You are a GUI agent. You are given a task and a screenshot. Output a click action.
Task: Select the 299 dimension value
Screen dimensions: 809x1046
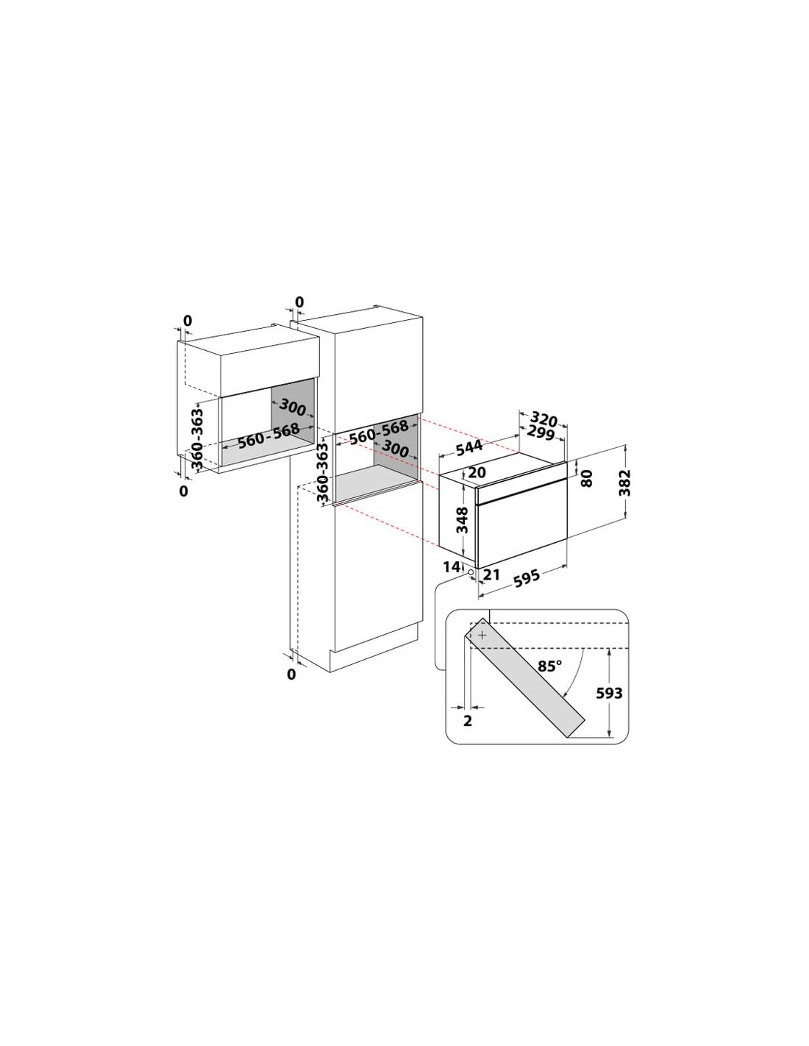pyautogui.click(x=541, y=433)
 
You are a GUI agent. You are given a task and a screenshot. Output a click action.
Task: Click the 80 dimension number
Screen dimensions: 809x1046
pyautogui.click(x=586, y=478)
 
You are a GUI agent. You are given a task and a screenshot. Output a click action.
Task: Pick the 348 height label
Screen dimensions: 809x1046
pyautogui.click(x=462, y=520)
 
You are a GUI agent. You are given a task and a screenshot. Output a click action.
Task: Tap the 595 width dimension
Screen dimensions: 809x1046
pyautogui.click(x=527, y=578)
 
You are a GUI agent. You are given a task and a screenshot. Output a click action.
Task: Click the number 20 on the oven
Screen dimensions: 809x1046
pyautogui.click(x=477, y=472)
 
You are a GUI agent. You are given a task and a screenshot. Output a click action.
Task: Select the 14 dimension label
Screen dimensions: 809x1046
pyautogui.click(x=452, y=567)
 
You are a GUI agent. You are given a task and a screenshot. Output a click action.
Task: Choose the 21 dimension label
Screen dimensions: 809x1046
pyautogui.click(x=491, y=574)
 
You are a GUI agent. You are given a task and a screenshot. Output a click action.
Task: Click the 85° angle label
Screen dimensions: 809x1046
pyautogui.click(x=549, y=666)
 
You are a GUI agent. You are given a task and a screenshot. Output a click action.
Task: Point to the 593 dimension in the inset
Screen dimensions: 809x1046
pyautogui.click(x=609, y=693)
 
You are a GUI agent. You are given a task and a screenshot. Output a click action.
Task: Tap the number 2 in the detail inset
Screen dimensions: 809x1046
pyautogui.click(x=467, y=721)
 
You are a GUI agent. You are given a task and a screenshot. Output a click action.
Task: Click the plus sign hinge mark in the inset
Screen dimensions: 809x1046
pyautogui.click(x=483, y=636)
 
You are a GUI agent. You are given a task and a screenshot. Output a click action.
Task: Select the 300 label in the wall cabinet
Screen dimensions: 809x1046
pyautogui.click(x=292, y=408)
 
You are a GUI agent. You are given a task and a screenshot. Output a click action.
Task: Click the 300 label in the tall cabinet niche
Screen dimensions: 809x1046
pyautogui.click(x=395, y=449)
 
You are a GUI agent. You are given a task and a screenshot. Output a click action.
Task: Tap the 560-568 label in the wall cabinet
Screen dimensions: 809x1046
pyautogui.click(x=269, y=435)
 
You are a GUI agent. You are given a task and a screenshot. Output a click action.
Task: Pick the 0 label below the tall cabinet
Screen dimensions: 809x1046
pyautogui.click(x=291, y=675)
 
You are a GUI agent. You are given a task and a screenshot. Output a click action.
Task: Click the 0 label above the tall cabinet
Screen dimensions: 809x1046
pyautogui.click(x=299, y=302)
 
